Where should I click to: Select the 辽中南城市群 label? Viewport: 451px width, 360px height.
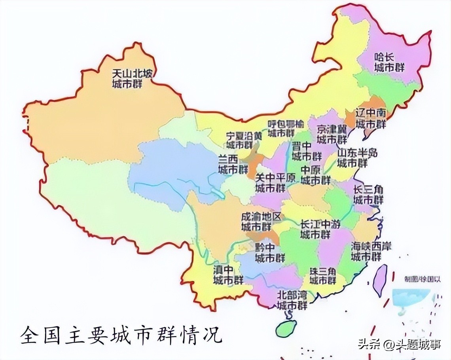point(370,118)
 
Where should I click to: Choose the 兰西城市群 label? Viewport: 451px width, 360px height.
point(233,165)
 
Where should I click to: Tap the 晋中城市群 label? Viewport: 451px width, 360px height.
point(307,151)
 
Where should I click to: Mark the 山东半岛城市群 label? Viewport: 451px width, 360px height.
point(357,157)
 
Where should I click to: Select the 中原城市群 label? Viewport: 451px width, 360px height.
point(315,175)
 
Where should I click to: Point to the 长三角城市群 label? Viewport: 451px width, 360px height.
point(368,195)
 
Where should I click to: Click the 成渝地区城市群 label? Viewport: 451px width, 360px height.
point(261,222)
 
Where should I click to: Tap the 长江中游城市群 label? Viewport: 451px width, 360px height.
point(320,229)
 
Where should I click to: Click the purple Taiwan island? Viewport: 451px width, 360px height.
point(381,279)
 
